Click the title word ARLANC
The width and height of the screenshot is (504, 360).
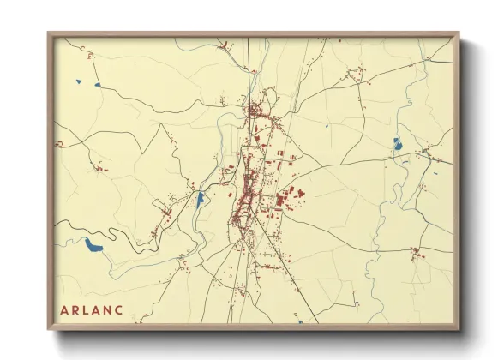93,309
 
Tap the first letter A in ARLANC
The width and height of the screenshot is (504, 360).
64,309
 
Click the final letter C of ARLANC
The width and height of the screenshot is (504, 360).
120,309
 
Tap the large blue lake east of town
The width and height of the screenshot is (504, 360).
398,144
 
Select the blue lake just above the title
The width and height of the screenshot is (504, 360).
93,247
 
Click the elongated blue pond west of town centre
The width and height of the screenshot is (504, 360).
200,201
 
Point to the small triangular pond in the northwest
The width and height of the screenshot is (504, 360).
78,81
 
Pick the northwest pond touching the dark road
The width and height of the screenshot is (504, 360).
98,85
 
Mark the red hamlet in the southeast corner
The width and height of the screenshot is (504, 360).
417,252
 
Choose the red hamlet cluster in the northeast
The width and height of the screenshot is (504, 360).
353,79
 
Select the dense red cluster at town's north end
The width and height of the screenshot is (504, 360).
255,111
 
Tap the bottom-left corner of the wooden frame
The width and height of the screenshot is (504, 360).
49,328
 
